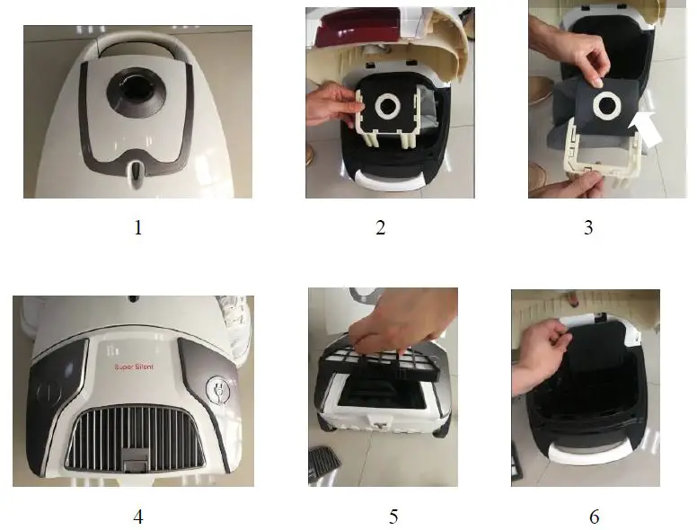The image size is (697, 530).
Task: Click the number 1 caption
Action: [x=137, y=227]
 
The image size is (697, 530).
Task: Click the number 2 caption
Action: [x=381, y=227]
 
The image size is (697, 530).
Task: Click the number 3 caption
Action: [x=588, y=227]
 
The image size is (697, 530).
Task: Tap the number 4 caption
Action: [x=137, y=517]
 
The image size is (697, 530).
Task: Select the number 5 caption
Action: [x=393, y=517]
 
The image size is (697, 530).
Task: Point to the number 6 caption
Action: [x=595, y=517]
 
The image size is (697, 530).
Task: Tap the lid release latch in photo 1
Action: [x=136, y=173]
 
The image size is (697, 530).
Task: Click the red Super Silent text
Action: [x=134, y=367]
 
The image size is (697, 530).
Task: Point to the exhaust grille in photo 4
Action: [x=134, y=438]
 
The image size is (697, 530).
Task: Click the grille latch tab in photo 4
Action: [x=136, y=459]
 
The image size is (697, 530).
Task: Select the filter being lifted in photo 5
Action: [x=380, y=362]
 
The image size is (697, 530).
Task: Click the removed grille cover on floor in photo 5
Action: [x=323, y=461]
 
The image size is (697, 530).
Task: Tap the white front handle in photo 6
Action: [x=590, y=453]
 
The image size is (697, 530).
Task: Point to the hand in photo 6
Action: [x=539, y=354]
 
